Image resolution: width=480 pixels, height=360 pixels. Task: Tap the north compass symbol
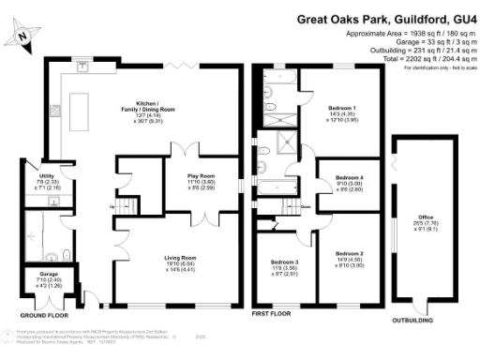[22, 35]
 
